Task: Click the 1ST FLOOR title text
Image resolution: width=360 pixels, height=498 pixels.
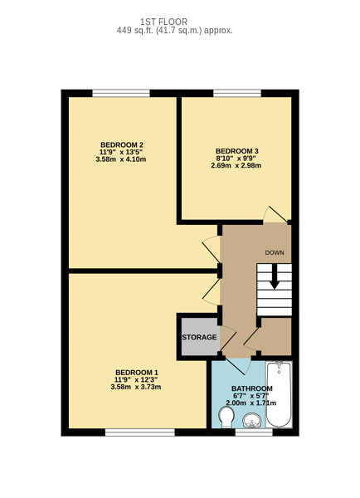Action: tap(163, 22)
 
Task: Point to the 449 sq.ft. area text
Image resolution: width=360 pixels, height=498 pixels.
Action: tap(174, 31)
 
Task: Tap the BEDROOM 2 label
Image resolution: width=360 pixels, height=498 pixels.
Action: tap(122, 144)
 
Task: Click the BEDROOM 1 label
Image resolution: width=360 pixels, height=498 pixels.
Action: tap(137, 372)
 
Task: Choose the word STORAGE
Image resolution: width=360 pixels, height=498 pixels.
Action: tap(199, 337)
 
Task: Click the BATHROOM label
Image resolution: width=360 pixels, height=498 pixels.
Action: tap(251, 388)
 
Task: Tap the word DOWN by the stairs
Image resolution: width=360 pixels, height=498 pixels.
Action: tap(275, 253)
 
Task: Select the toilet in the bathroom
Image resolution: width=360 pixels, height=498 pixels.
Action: tap(226, 417)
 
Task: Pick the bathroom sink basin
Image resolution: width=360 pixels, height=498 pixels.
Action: tap(252, 421)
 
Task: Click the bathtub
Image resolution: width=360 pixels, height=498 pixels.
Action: tap(279, 394)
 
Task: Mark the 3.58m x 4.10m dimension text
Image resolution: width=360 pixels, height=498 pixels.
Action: tap(121, 159)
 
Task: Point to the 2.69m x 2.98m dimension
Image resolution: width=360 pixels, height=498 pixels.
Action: tap(236, 165)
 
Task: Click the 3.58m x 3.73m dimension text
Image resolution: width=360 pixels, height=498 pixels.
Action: tap(136, 387)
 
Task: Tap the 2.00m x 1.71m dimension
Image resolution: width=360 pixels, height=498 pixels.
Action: tap(251, 403)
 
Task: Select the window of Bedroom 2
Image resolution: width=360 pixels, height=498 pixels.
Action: tap(121, 93)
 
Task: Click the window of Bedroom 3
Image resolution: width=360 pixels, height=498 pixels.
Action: tap(237, 93)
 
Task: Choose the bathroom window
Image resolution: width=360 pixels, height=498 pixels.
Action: tap(254, 432)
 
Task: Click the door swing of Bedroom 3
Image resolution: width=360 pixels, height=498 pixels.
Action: tap(275, 213)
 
